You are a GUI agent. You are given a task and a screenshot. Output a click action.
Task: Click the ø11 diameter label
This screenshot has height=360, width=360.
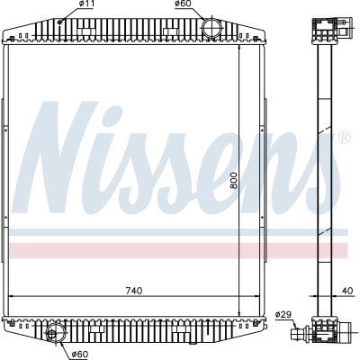click(86, 4)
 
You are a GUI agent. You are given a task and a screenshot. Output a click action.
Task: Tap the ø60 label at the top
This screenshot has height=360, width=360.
click(183, 4)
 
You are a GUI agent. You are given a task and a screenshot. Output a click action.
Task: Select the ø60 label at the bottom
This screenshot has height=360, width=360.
click(80, 355)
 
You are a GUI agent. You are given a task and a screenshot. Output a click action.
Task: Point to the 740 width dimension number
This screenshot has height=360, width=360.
click(134, 291)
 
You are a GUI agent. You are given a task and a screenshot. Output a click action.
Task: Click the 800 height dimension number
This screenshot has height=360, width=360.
click(234, 180)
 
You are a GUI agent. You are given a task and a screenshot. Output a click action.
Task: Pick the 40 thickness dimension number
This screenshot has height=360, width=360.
click(347, 291)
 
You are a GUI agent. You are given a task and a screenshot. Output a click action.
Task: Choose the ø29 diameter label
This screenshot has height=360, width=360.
click(283, 315)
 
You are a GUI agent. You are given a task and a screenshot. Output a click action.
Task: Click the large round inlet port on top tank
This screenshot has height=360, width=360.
click(211, 28)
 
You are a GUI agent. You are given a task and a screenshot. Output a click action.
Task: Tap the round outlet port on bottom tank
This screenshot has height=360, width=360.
click(54, 333)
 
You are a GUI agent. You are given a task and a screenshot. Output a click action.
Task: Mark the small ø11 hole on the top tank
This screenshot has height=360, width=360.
click(59, 22)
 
